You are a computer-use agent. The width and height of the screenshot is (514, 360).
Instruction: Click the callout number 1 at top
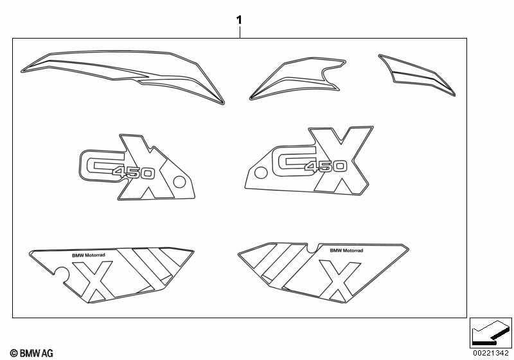[x=239, y=20]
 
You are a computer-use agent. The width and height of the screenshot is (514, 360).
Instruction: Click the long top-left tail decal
[x=123, y=77]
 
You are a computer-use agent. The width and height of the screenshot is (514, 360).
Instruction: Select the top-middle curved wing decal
[x=297, y=78]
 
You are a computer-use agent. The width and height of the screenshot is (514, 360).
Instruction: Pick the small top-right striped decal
[x=417, y=75]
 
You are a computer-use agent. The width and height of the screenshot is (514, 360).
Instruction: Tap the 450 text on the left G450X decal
[x=133, y=172]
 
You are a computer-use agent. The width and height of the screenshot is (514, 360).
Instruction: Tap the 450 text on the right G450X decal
[x=326, y=166]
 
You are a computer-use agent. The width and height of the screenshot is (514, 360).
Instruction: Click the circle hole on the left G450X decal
[x=179, y=182]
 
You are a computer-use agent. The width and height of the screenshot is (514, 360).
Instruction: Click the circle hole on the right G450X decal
[x=261, y=173]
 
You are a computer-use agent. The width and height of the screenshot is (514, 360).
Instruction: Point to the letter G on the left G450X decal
[x=98, y=166]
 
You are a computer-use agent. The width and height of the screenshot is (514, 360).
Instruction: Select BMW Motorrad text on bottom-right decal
[x=346, y=251]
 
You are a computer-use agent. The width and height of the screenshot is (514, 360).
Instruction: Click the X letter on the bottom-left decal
[x=94, y=282]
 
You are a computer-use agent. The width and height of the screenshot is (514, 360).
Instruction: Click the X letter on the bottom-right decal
[x=340, y=281]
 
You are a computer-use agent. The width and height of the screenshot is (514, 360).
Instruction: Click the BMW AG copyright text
[x=31, y=353]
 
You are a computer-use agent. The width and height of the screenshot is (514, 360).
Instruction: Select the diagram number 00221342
[x=491, y=353]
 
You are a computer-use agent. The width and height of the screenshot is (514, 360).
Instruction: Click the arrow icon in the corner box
[x=491, y=332]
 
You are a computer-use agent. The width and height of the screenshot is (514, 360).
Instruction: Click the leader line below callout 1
[x=240, y=32]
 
